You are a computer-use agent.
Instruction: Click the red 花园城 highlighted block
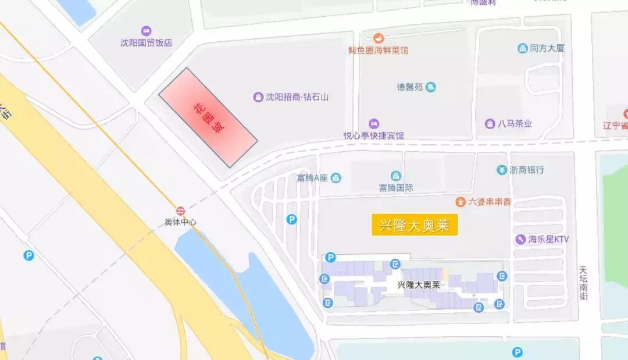208,117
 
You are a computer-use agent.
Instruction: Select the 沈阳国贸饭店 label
146,42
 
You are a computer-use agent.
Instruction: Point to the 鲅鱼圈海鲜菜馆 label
379,50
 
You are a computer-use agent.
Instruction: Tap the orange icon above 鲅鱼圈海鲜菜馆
379,38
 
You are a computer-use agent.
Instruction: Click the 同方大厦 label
547,48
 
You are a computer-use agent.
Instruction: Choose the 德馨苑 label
409,87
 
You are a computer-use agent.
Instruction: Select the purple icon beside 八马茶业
490,124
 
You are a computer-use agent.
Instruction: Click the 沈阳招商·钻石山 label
297,97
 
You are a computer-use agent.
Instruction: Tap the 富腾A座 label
313,177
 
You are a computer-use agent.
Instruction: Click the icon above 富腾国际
396,176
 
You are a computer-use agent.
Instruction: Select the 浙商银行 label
527,170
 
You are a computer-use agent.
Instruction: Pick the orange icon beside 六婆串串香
461,202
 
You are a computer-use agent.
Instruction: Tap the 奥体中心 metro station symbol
181,211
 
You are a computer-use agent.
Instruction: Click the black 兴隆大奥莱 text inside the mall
418,285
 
